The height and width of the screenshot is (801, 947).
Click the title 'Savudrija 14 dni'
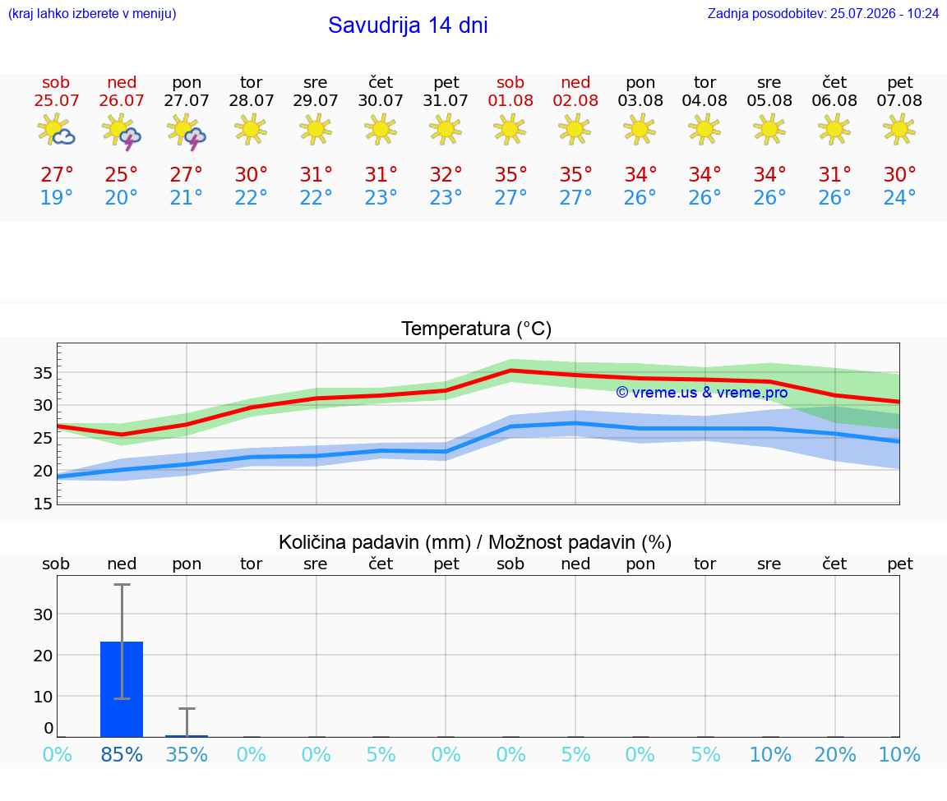pos(408,25)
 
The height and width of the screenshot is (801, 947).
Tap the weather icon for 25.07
pos(56,129)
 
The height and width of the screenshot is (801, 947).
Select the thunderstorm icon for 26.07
pos(122,131)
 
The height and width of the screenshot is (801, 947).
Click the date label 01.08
pos(510,101)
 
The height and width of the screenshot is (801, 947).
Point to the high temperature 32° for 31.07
pos(446,175)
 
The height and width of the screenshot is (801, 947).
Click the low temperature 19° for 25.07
pos(56,198)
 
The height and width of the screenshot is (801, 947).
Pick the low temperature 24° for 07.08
pos(899,198)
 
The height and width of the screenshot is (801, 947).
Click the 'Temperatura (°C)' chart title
pos(477,329)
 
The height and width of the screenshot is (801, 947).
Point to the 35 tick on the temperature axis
pos(43,373)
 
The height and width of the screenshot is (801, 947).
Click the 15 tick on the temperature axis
pos(43,504)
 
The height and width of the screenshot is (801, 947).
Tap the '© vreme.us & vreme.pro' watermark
pos(702,393)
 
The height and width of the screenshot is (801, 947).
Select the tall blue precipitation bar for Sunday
pos(122,689)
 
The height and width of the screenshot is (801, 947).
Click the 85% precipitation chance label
pos(122,755)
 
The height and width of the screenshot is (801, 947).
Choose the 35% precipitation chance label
pos(187,755)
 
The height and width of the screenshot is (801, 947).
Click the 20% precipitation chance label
pos(835,755)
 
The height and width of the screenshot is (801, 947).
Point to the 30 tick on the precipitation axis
pos(43,615)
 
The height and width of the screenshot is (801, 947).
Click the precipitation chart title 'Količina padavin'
pos(375,543)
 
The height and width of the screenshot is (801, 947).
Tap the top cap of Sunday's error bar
pos(122,584)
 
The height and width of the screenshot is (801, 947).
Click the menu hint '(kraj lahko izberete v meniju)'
pos(92,14)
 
